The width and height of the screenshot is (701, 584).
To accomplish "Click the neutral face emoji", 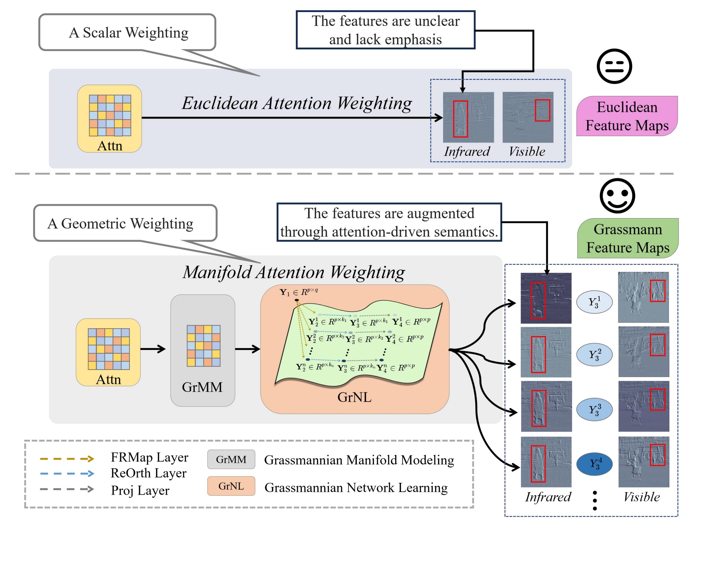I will [614, 66].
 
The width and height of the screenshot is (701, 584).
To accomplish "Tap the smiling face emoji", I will [617, 195].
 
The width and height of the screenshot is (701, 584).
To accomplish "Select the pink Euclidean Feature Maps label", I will [627, 116].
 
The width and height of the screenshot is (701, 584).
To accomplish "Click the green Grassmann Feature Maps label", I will [627, 238].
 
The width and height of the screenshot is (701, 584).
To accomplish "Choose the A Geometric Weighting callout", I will [125, 223].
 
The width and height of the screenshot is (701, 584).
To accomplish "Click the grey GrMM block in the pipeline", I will [203, 350].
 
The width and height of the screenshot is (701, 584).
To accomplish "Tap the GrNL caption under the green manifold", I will [354, 397].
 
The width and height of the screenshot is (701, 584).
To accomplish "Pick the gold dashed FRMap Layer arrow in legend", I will [67, 459].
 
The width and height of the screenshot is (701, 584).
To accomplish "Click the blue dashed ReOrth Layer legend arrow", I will [67, 473].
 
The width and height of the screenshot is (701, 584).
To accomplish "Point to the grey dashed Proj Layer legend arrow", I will [67, 489].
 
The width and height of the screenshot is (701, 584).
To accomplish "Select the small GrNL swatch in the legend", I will [231, 486].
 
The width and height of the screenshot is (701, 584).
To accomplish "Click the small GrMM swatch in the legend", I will [231, 459].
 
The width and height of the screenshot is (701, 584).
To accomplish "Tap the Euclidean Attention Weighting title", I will [297, 103].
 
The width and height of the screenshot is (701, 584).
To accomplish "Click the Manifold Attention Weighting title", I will [294, 272].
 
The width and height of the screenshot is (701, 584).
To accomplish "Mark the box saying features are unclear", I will [386, 30].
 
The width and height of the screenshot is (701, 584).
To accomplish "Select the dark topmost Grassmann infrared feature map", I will [546, 298].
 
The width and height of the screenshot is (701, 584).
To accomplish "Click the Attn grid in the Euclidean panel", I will [110, 115].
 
